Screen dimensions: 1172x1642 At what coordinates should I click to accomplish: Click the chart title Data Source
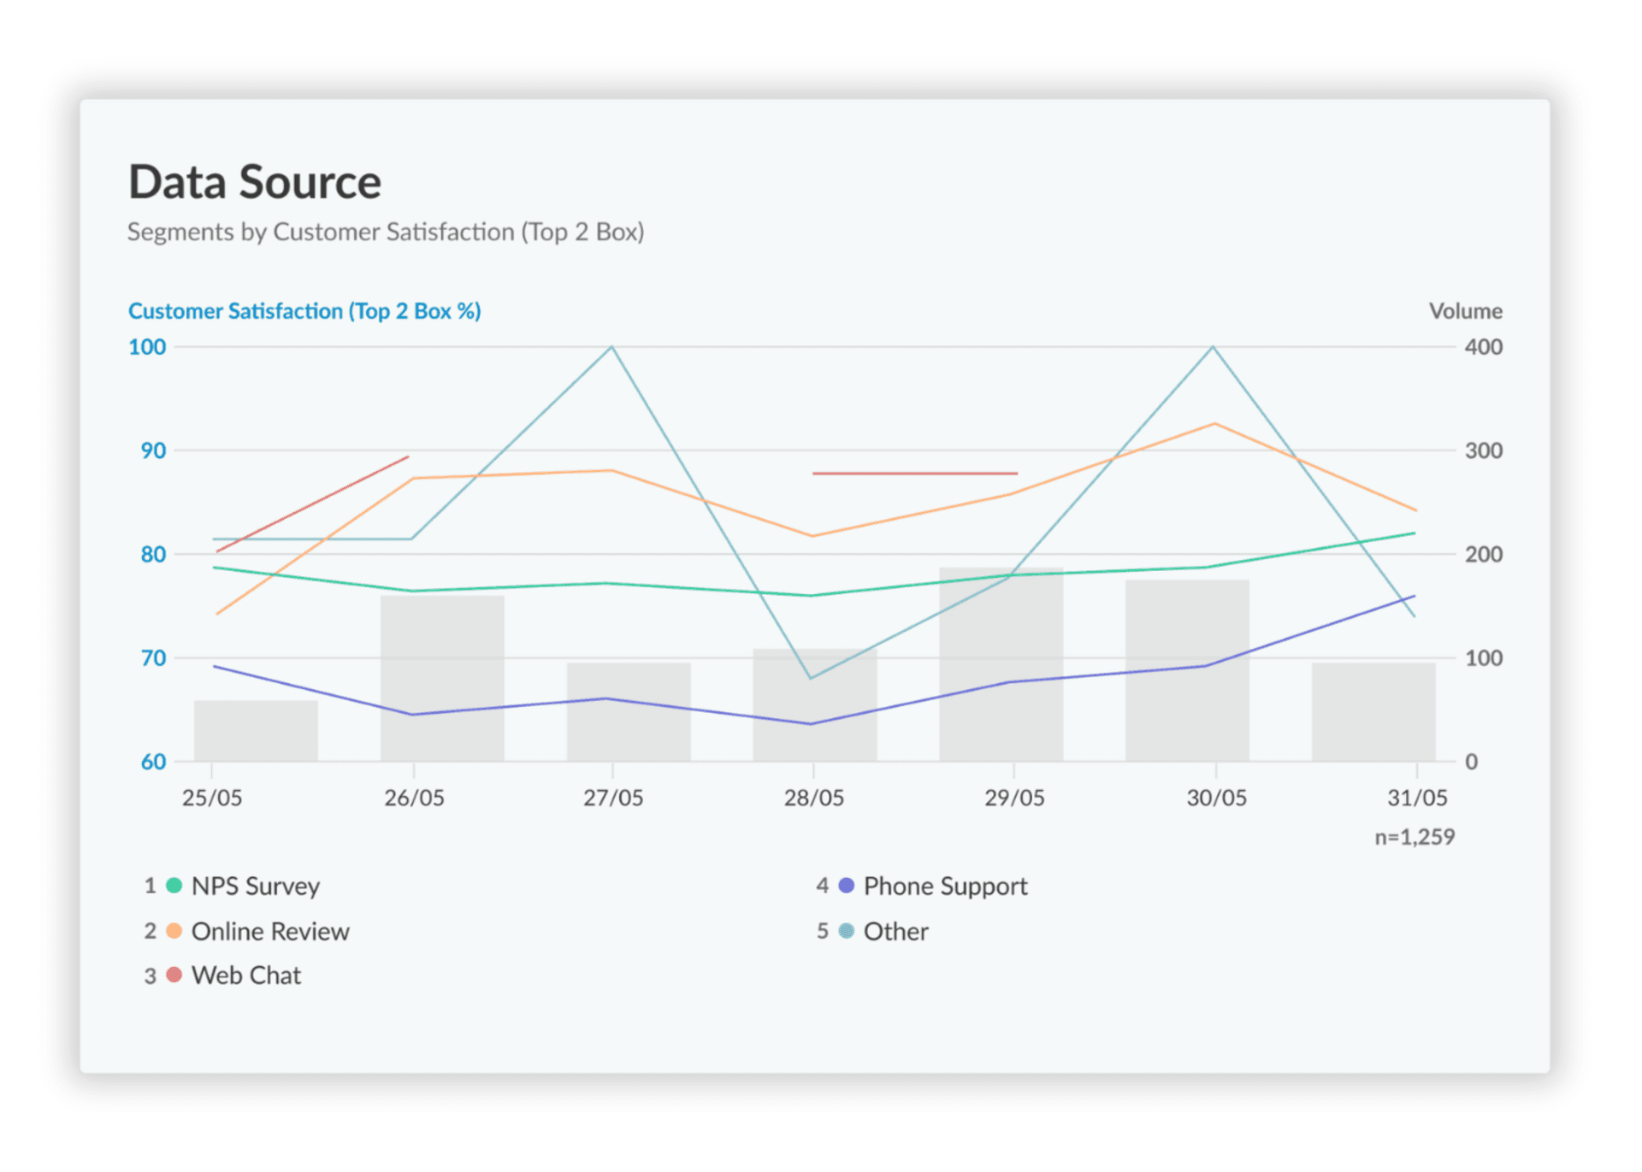(x=254, y=182)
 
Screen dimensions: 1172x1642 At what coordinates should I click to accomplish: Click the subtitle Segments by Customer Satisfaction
(x=385, y=232)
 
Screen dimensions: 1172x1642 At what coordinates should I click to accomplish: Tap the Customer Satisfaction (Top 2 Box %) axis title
(x=304, y=311)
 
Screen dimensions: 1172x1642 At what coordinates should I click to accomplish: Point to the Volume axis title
(x=1465, y=311)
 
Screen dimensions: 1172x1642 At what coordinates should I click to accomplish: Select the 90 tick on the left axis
(x=153, y=451)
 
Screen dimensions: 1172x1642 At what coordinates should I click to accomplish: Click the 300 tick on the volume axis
(x=1483, y=451)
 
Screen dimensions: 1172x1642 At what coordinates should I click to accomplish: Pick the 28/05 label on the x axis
(x=813, y=798)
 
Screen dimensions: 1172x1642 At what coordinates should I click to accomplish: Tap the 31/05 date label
(x=1416, y=798)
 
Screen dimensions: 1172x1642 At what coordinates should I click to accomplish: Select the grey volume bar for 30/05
(x=1187, y=670)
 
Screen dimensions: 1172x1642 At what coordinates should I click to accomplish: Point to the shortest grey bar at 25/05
(x=256, y=731)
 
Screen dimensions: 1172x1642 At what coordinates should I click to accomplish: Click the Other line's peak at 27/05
(x=611, y=347)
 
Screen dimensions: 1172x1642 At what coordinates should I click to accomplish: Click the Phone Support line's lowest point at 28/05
(x=811, y=724)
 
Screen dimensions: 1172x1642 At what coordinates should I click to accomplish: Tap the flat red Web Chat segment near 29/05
(x=914, y=473)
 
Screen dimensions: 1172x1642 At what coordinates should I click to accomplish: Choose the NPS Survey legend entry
(x=255, y=886)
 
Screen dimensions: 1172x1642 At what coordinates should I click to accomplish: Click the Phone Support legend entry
(x=944, y=886)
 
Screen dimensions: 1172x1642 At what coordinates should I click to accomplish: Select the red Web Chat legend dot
(x=174, y=975)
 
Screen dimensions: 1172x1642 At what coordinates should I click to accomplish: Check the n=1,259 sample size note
(x=1414, y=837)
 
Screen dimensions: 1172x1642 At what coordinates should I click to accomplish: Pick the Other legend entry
(x=895, y=931)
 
